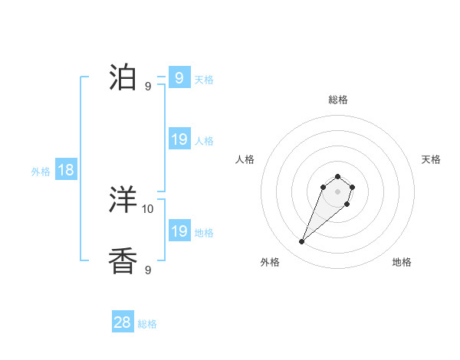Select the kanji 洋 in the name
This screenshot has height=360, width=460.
(124, 201)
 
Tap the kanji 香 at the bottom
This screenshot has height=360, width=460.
(124, 261)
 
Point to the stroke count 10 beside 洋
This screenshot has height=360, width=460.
(148, 208)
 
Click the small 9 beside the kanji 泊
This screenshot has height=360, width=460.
(148, 86)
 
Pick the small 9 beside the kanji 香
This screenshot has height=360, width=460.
(148, 270)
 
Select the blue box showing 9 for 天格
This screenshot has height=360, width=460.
(179, 78)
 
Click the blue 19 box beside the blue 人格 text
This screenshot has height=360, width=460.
(179, 139)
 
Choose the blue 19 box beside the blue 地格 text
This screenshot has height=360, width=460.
(179, 231)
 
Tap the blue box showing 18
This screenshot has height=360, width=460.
(66, 170)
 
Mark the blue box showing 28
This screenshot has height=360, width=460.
(123, 322)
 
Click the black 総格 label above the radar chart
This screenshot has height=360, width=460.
(338, 100)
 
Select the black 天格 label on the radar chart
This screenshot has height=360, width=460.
(431, 159)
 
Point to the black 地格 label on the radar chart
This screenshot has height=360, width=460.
(402, 262)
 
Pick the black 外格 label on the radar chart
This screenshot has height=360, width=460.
(270, 262)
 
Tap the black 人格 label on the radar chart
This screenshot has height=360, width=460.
(245, 159)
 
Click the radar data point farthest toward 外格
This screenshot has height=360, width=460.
(302, 242)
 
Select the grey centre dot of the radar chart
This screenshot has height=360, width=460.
(337, 191)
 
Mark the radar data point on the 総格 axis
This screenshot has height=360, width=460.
(337, 176)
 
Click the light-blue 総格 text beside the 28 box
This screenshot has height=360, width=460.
(147, 324)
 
